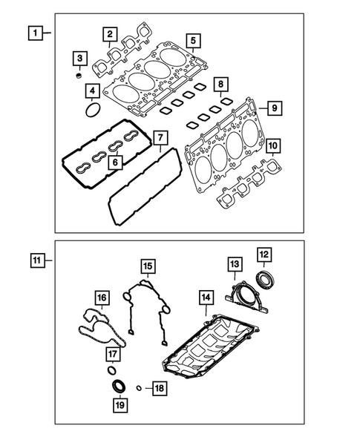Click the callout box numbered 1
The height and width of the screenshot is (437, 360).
tap(33, 33)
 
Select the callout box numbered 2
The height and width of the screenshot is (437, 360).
tap(109, 33)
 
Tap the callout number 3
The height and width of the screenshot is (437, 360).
tap(79, 58)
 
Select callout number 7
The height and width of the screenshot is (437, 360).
tap(158, 137)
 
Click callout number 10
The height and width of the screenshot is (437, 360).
tap(272, 145)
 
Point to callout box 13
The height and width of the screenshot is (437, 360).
tap(234, 264)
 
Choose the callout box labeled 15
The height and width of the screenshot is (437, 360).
tap(148, 266)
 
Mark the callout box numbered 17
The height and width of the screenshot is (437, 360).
tap(115, 353)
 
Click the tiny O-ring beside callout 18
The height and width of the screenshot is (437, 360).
tap(138, 387)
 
